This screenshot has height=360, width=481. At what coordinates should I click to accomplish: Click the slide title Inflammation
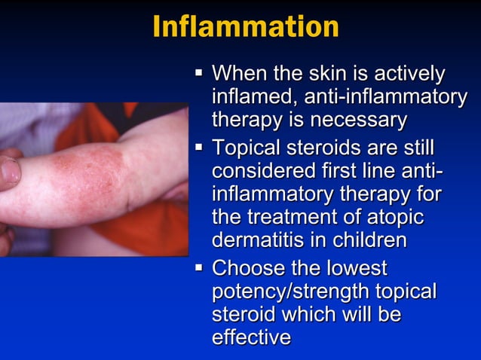(x=245, y=27)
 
